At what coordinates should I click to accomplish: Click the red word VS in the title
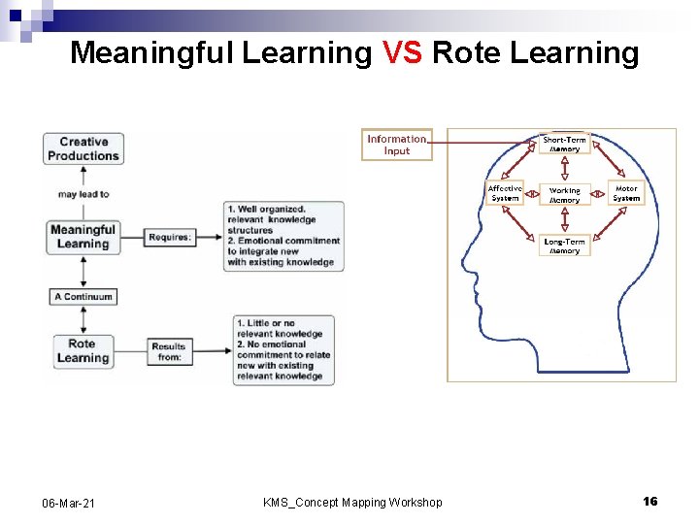[x=402, y=52]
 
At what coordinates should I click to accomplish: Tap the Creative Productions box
[x=83, y=148]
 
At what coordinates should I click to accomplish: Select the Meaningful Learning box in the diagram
[x=83, y=237]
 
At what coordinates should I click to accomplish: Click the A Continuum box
[x=83, y=297]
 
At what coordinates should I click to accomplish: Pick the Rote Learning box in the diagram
[x=83, y=350]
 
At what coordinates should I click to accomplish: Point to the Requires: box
[x=170, y=237]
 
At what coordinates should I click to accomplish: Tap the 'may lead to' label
[x=83, y=194]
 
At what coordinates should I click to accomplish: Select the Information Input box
[x=397, y=145]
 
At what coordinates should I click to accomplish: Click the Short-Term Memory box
[x=564, y=145]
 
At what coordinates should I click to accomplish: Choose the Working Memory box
[x=564, y=195]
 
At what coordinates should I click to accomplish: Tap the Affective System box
[x=505, y=193]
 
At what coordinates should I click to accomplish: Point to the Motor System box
[x=626, y=193]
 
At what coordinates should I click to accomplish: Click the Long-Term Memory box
[x=564, y=246]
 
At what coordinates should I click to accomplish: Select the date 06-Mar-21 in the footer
[x=68, y=502]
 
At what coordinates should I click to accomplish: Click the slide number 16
[x=649, y=501]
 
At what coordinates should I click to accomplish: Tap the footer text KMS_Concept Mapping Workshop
[x=352, y=502]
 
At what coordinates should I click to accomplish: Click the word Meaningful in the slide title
[x=151, y=52]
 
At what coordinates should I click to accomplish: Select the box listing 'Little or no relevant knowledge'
[x=283, y=349]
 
